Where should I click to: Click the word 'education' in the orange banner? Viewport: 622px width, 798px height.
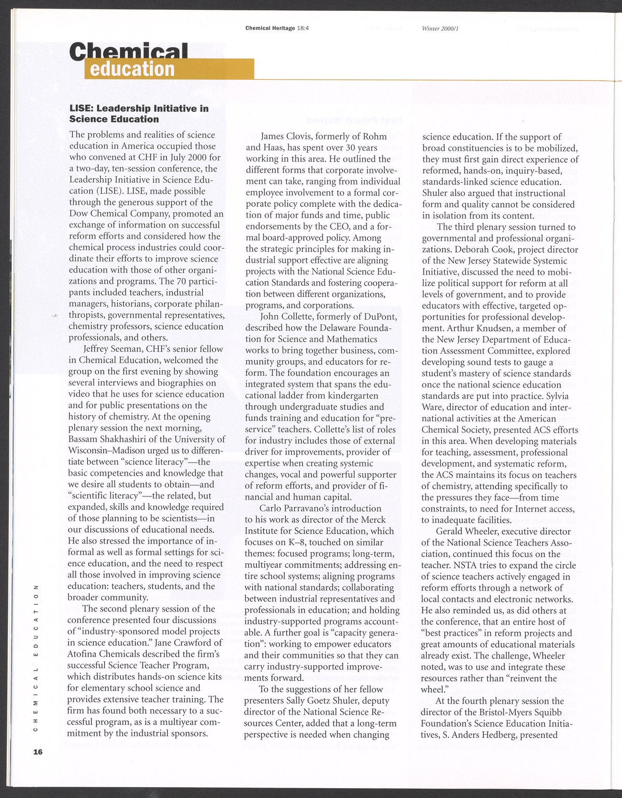[132, 69]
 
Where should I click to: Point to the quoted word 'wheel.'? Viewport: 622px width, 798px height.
[434, 690]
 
